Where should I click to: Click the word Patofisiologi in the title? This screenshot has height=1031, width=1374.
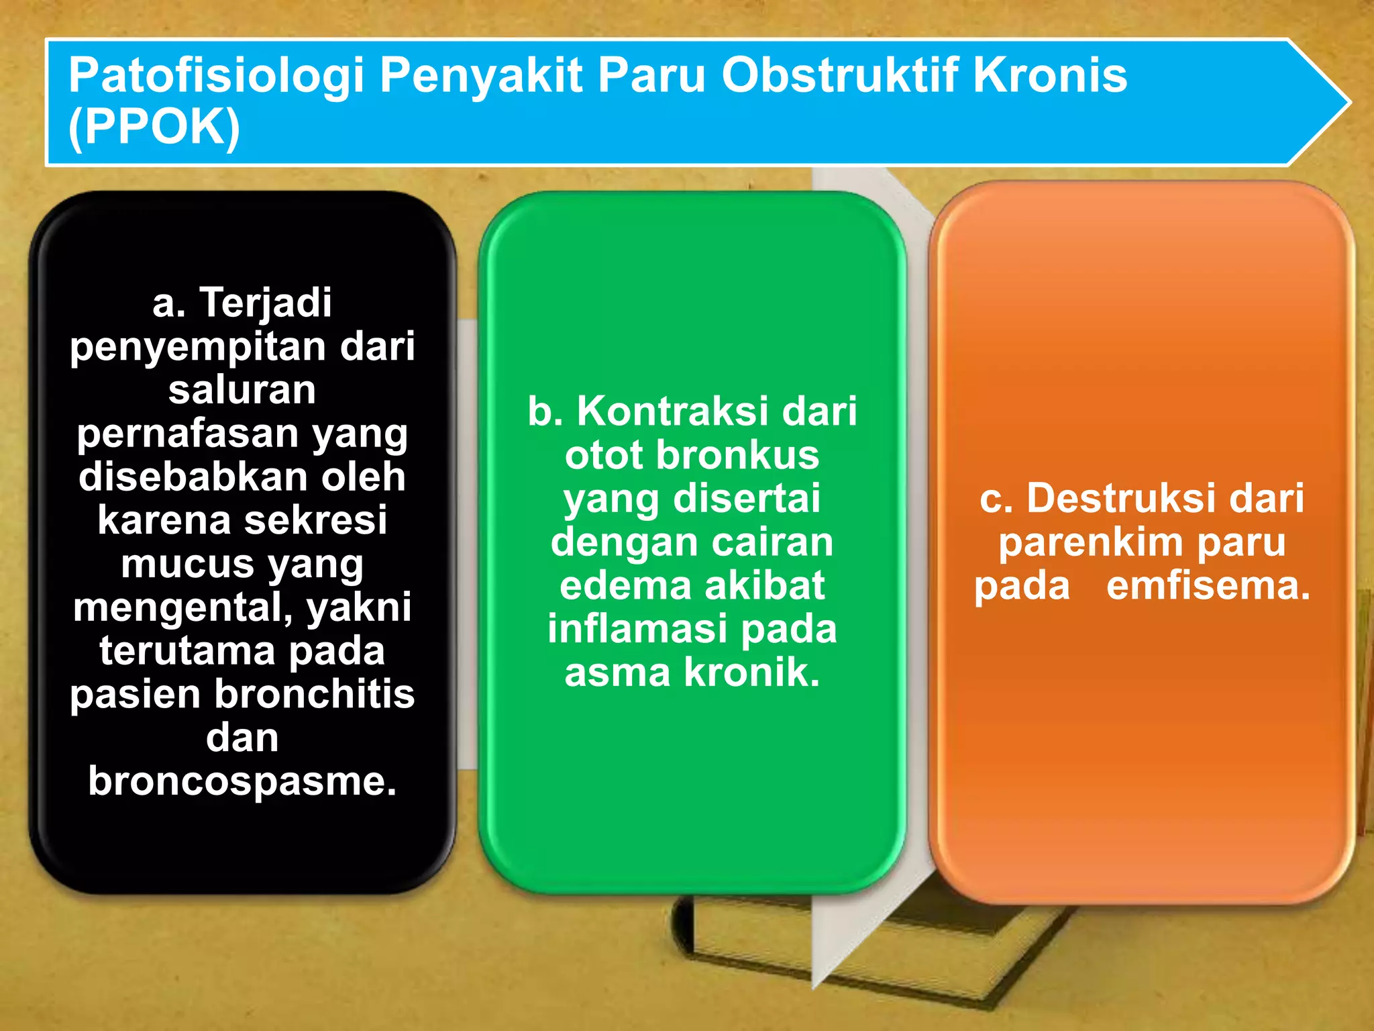[x=216, y=75]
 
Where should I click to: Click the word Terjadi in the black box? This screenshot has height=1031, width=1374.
[x=266, y=303]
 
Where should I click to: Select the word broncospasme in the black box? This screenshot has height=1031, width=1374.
[x=242, y=781]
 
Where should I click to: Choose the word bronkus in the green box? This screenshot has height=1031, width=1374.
[x=737, y=455]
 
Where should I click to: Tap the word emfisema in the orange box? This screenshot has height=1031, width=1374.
[x=1208, y=585]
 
